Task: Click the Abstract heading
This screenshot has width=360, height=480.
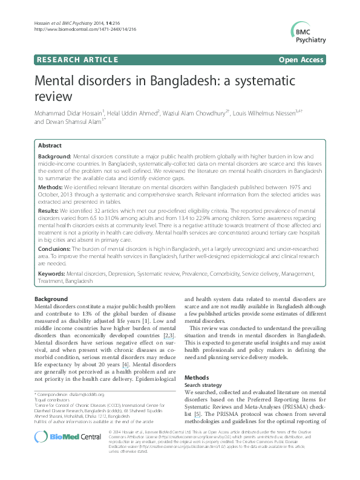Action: [x=50, y=146]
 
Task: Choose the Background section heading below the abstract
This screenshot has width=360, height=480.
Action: [x=51, y=299]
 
